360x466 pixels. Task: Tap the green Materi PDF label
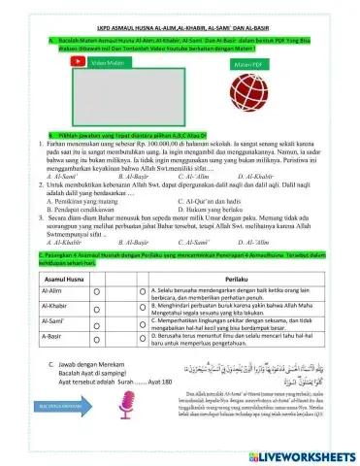(x=254, y=63)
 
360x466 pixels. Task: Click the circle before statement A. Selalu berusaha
(x=142, y=291)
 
